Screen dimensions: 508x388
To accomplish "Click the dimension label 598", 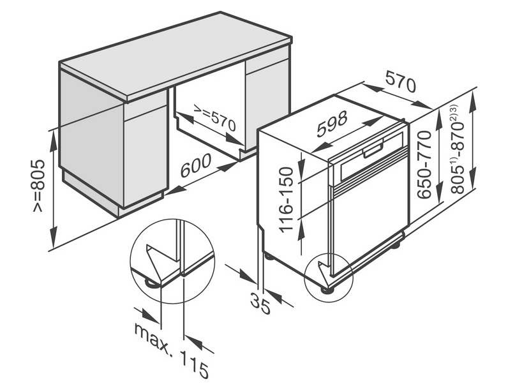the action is coord(332,123).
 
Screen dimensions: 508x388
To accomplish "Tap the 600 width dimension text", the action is coord(195,165).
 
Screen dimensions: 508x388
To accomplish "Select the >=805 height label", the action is coord(38,186).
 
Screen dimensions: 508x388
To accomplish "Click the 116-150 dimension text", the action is coord(287,199).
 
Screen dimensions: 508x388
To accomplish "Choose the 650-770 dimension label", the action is coord(424,165).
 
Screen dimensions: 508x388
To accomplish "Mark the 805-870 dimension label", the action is coord(457,149).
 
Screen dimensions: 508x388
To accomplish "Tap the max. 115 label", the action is coord(171,350).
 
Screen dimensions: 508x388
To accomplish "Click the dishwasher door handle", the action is coord(373,151).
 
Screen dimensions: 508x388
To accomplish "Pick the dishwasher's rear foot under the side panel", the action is coord(269,256).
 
